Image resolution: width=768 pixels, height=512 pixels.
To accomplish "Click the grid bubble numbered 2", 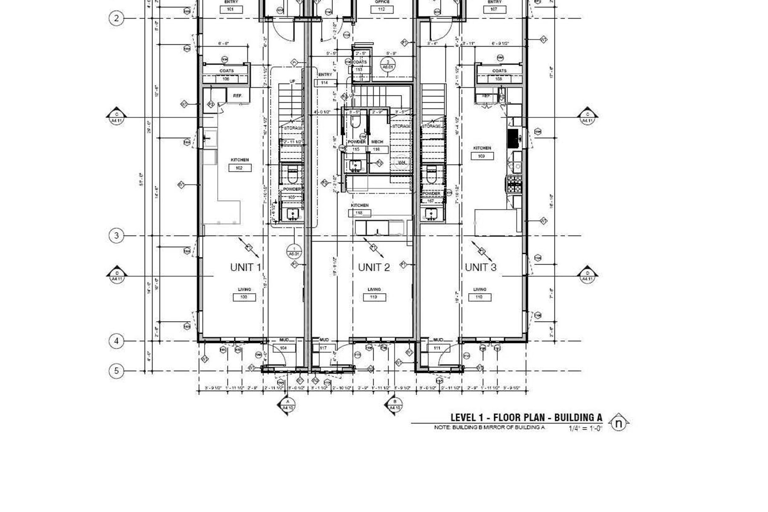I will click(116, 18).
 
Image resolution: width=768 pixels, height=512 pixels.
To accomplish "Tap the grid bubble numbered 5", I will click(116, 371).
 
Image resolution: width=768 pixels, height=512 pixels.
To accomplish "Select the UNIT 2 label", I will click(374, 268).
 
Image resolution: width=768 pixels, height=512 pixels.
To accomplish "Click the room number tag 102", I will click(240, 168).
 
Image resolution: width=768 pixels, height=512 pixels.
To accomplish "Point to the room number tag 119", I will click(374, 297).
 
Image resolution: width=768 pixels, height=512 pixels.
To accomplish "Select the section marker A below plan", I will click(288, 405).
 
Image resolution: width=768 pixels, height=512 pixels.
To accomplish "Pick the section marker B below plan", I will click(395, 405).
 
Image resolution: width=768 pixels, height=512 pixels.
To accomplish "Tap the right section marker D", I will click(588, 276).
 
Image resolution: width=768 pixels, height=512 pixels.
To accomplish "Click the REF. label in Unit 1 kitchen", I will click(238, 96).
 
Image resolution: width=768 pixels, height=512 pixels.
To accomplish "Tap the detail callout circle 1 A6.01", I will click(294, 251).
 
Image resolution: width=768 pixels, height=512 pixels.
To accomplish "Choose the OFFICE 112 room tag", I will click(382, 9).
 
